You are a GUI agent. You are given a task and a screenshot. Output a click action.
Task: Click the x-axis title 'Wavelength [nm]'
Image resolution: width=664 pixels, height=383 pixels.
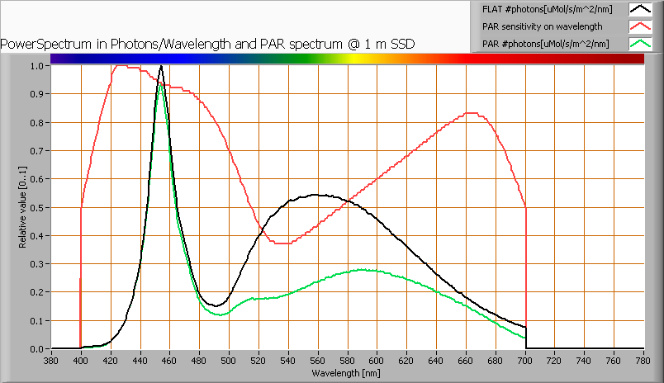pyautogui.click(x=347, y=372)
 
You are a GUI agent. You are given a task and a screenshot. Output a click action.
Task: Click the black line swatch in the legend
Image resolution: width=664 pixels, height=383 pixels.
pyautogui.click(x=641, y=10)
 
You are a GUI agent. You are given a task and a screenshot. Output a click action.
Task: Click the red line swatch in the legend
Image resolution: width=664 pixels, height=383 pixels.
pyautogui.click(x=641, y=26)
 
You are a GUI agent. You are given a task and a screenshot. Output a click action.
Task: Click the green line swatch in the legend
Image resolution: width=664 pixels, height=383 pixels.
pyautogui.click(x=641, y=43)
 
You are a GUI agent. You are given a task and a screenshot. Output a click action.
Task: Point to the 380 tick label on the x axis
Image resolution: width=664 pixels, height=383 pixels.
pyautogui.click(x=51, y=361)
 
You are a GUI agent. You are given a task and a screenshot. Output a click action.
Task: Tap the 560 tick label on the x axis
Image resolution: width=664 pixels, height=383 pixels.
pyautogui.click(x=318, y=361)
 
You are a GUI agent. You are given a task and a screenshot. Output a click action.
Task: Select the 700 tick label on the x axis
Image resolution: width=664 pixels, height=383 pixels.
pyautogui.click(x=525, y=361)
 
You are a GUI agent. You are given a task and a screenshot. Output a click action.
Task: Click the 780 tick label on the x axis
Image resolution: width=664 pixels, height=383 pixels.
pyautogui.click(x=643, y=361)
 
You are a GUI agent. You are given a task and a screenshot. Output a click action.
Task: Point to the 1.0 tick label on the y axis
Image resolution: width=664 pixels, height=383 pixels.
pyautogui.click(x=37, y=66)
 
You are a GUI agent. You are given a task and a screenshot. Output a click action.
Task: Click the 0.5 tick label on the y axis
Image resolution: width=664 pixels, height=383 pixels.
pyautogui.click(x=37, y=207)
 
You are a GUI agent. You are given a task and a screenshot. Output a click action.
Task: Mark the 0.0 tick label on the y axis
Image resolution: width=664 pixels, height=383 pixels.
pyautogui.click(x=37, y=349)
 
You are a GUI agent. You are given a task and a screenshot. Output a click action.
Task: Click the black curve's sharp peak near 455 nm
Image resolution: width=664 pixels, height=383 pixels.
pyautogui.click(x=161, y=66)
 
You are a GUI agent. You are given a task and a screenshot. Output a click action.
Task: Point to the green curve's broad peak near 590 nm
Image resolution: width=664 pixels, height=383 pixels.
pyautogui.click(x=362, y=269)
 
